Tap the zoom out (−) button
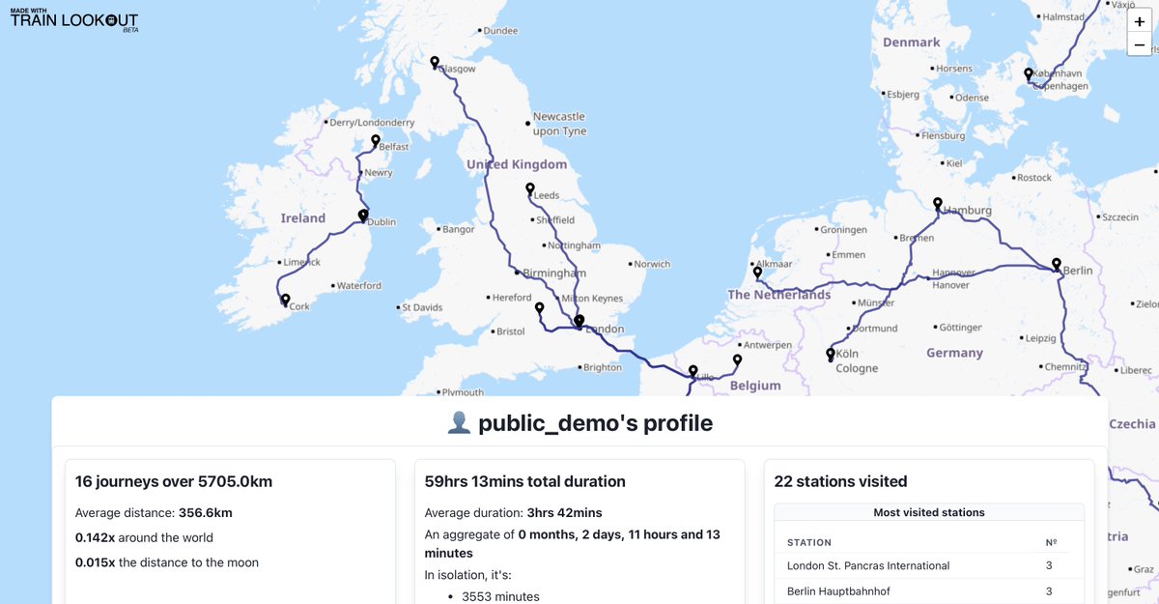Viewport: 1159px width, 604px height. point(1140,44)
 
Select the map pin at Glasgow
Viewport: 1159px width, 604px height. point(435,64)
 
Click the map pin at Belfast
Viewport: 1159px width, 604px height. point(376,141)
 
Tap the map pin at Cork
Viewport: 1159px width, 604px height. point(285,301)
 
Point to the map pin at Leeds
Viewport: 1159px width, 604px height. point(529,189)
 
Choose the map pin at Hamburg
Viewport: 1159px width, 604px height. point(937,204)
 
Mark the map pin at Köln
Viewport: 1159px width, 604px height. point(830,355)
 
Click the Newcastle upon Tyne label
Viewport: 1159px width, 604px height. point(559,124)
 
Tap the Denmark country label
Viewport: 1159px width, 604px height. point(911,42)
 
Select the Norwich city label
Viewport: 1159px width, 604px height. point(652,264)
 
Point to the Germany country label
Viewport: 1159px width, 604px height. point(954,353)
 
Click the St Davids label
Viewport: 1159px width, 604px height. point(422,307)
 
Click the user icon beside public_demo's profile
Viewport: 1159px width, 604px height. point(459,423)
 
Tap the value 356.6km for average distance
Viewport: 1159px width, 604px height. point(205,512)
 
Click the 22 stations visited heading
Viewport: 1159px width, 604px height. point(840,481)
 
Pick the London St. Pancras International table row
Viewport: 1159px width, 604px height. point(928,565)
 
